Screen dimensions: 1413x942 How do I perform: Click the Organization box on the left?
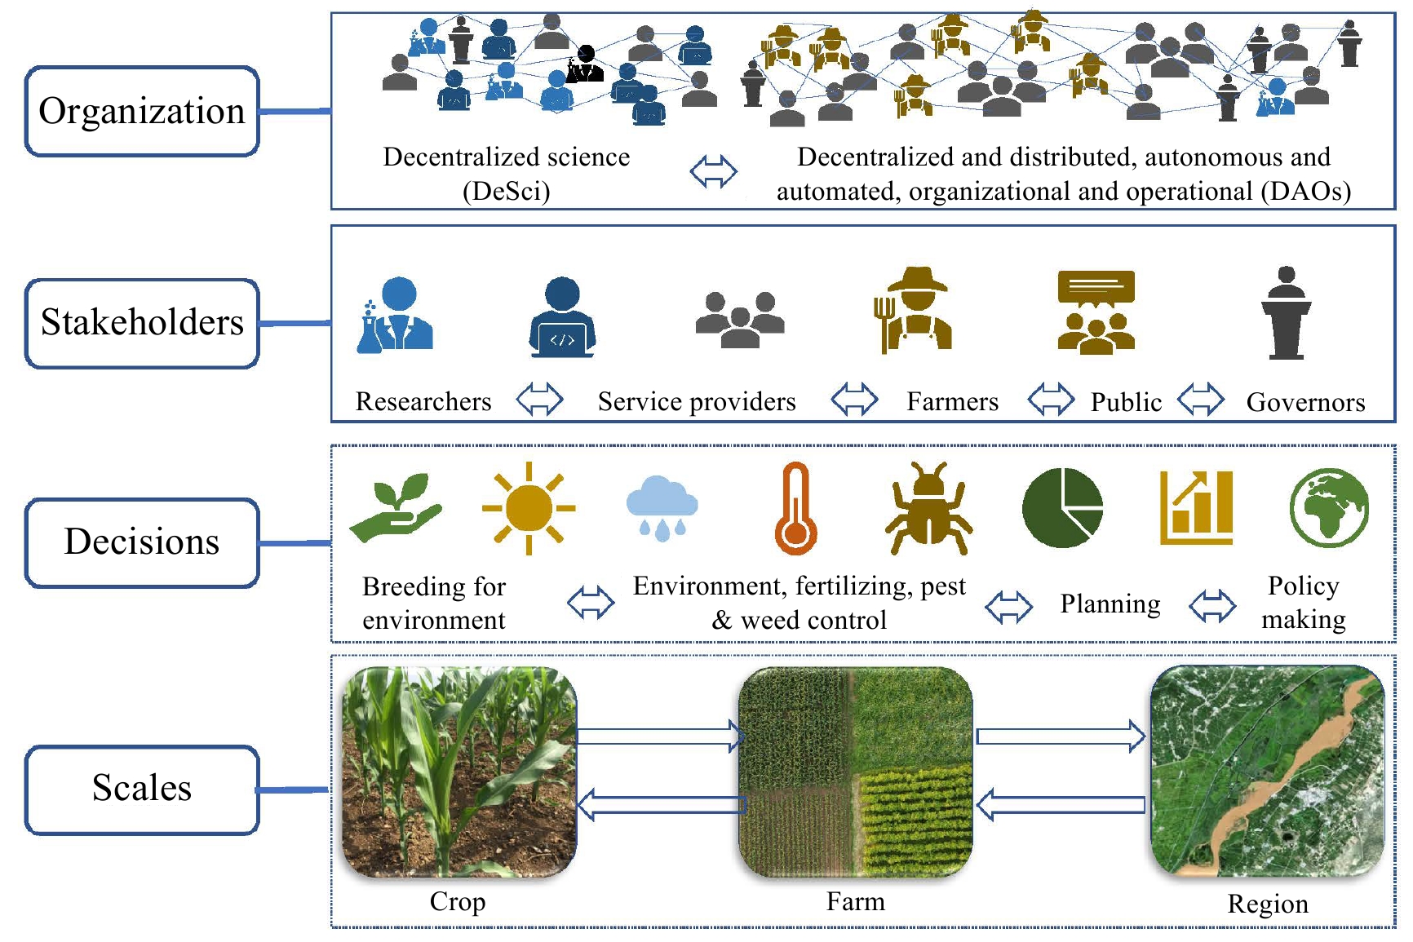pos(142,111)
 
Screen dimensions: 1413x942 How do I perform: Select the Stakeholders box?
pos(142,323)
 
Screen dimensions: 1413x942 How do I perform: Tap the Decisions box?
pos(142,542)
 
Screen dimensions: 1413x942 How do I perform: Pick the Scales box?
pos(142,789)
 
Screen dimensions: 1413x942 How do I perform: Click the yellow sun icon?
pos(529,508)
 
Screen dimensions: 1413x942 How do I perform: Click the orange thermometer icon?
pos(795,508)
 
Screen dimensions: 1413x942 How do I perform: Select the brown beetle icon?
pos(928,508)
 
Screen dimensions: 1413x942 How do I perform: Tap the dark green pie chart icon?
pos(1062,508)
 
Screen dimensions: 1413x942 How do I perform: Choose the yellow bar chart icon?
pos(1197,507)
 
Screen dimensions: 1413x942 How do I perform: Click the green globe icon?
pos(1329,507)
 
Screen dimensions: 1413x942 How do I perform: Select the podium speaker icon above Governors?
pos(1287,312)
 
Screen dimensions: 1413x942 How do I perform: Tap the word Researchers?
pos(423,401)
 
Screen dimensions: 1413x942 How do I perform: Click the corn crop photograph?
pos(459,772)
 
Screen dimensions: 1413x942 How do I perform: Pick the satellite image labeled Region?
pos(1267,771)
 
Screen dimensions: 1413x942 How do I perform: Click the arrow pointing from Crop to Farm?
pos(661,736)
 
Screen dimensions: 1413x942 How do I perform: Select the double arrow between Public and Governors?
pos(1201,400)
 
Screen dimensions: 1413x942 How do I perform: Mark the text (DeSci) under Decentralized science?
pos(507,191)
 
